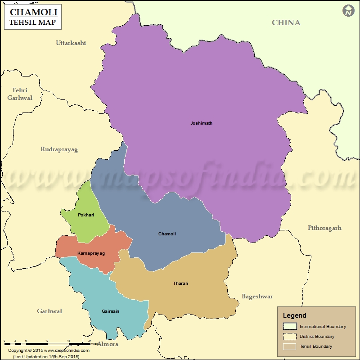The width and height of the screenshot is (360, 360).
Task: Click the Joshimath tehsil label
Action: (x=201, y=123)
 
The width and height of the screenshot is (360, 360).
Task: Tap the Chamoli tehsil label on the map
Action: (x=167, y=234)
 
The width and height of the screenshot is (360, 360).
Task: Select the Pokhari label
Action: (x=86, y=215)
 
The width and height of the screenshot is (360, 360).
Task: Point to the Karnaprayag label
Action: (x=91, y=253)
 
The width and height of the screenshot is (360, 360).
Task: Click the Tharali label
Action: (x=180, y=283)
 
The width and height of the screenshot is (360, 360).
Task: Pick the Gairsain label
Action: (x=110, y=311)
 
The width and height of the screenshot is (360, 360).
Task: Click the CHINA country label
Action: (x=286, y=22)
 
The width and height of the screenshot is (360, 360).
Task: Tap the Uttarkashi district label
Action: (x=71, y=43)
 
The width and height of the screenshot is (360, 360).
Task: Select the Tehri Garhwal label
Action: (x=20, y=94)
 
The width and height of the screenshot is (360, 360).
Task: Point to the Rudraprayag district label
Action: (x=59, y=149)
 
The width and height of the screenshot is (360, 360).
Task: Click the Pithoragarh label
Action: (x=324, y=228)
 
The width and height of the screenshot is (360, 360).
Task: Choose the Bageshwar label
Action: (x=257, y=297)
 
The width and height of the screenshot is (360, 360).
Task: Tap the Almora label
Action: (x=108, y=344)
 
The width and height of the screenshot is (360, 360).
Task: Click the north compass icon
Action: (x=348, y=11)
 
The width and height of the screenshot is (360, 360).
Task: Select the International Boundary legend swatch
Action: (x=290, y=327)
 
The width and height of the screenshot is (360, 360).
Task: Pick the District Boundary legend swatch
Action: (x=290, y=337)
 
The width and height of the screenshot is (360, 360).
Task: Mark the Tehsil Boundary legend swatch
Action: (x=290, y=346)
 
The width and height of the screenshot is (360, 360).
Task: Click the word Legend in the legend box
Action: (x=294, y=316)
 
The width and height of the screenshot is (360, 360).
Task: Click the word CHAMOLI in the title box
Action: (x=33, y=13)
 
